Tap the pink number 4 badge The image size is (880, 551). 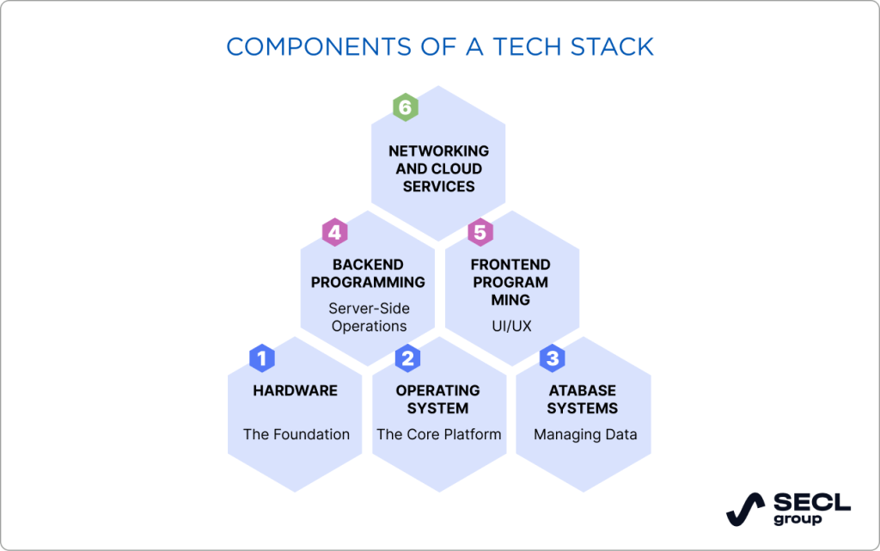tap(334, 232)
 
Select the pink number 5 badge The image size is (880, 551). tap(480, 232)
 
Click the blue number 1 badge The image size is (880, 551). tap(261, 358)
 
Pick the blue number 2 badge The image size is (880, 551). tap(407, 358)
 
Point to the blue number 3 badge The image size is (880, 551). tap(552, 358)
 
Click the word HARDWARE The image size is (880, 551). tap(295, 390)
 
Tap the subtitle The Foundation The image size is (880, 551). tap(296, 434)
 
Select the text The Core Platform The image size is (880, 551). tap(438, 434)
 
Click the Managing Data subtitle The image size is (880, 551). tap(585, 434)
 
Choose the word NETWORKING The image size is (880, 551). tap(438, 151)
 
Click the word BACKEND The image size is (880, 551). tap(368, 265)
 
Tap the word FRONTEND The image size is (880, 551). tap(510, 265)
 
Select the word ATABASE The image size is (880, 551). tap(583, 390)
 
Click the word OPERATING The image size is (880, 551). tap(438, 390)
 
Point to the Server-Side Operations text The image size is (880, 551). tap(369, 317)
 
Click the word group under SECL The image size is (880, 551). tap(797, 519)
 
